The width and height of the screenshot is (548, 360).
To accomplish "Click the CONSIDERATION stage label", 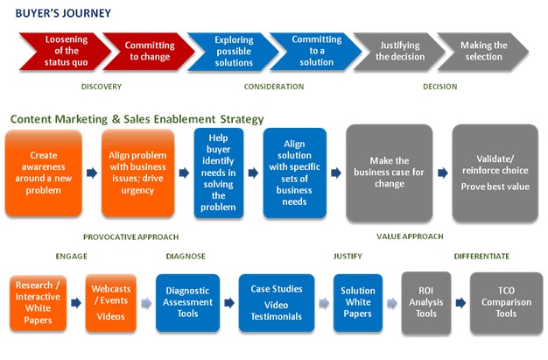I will pyautogui.click(x=274, y=87).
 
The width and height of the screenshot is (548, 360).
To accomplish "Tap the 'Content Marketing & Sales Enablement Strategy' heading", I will pyautogui.click(x=137, y=118).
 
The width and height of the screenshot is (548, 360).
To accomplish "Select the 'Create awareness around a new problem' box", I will pyautogui.click(x=43, y=173).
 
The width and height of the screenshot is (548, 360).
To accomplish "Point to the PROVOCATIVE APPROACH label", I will pyautogui.click(x=130, y=236).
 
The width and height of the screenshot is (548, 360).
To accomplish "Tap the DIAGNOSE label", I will pyautogui.click(x=186, y=257).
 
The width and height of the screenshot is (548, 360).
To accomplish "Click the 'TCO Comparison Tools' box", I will pyautogui.click(x=505, y=302).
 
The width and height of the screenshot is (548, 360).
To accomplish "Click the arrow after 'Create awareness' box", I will pyautogui.click(x=91, y=173).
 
